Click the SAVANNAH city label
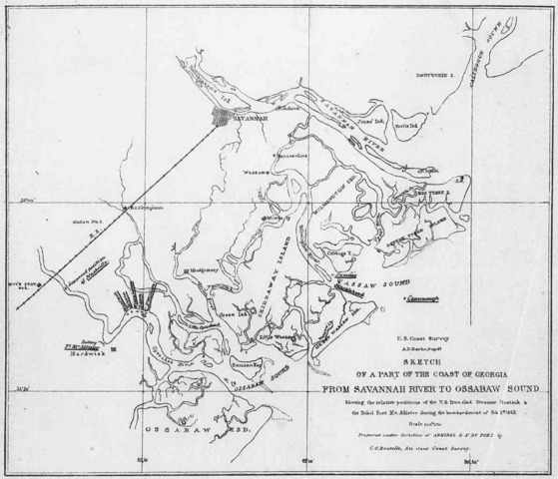(250, 117)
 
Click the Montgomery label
(204, 270)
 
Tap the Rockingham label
(140, 207)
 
